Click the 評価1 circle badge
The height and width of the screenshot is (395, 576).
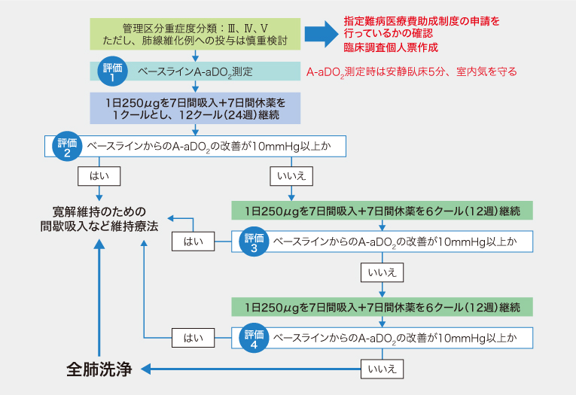pyautogui.click(x=111, y=71)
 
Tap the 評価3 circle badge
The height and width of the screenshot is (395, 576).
pyautogui.click(x=254, y=242)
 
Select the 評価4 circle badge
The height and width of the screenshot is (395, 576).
pyautogui.click(x=254, y=338)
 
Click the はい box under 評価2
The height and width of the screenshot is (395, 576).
pyautogui.click(x=99, y=175)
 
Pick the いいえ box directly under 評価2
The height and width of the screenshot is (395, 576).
pyautogui.click(x=291, y=175)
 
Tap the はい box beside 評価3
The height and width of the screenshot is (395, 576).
pyautogui.click(x=194, y=242)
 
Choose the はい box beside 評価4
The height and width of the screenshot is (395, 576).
pyautogui.click(x=194, y=339)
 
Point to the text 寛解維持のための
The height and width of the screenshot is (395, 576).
pyautogui.click(x=99, y=211)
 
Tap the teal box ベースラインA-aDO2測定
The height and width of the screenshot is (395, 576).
pyautogui.click(x=196, y=71)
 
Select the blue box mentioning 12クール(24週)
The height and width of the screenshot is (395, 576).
pyautogui.click(x=196, y=108)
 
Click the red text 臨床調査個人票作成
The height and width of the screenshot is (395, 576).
pyautogui.click(x=391, y=47)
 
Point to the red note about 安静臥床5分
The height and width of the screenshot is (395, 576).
pyautogui.click(x=412, y=72)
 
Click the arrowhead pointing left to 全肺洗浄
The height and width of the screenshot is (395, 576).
pyautogui.click(x=148, y=369)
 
